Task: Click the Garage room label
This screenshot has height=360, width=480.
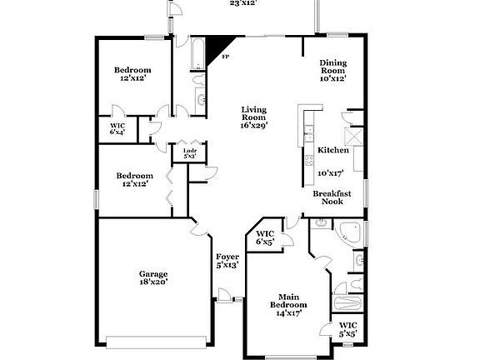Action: (x=153, y=273)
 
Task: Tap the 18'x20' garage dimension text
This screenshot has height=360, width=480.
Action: (x=153, y=282)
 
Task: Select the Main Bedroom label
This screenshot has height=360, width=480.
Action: (x=287, y=300)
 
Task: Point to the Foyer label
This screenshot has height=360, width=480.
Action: (x=227, y=257)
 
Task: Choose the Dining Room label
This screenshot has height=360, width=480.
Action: (x=333, y=67)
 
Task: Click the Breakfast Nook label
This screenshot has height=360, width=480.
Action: (x=332, y=197)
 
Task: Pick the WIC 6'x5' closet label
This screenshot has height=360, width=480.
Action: (x=265, y=237)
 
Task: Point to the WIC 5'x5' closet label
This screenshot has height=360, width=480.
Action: (x=348, y=328)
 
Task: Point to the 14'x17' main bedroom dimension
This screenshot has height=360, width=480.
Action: (x=287, y=313)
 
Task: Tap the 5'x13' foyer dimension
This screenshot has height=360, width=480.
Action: (x=227, y=265)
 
